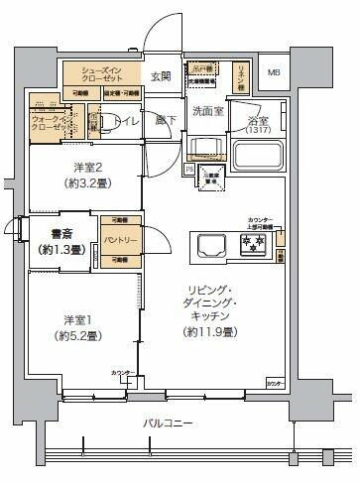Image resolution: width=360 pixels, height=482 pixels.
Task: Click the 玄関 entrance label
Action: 161,76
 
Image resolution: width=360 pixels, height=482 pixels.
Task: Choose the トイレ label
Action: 126,122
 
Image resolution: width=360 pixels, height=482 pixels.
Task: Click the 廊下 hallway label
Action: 165,122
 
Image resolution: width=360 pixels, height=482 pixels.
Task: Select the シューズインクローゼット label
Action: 103,74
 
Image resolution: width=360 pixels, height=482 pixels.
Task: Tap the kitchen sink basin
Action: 210,244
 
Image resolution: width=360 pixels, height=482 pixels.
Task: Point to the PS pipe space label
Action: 188,170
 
